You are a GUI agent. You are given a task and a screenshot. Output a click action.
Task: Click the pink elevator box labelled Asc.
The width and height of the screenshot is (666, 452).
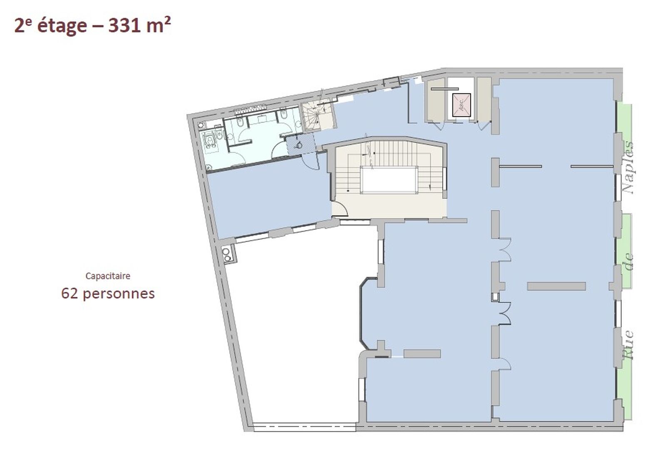click(x=462, y=105)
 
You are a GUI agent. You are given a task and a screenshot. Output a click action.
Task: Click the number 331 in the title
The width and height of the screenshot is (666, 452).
click(x=124, y=25)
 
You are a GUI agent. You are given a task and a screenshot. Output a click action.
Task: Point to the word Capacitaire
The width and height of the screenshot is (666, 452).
click(x=108, y=276)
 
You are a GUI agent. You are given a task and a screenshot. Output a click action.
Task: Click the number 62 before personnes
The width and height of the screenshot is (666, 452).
click(x=69, y=293)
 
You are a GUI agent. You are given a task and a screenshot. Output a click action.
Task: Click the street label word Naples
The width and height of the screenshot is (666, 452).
click(x=628, y=167)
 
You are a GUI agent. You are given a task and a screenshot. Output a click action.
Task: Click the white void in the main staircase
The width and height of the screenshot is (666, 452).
click(x=389, y=180)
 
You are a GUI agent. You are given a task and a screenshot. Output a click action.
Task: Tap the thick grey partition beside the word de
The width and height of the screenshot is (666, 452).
click(x=556, y=286)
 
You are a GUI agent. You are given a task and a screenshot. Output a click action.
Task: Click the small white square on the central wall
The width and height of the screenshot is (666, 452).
click(x=495, y=297)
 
